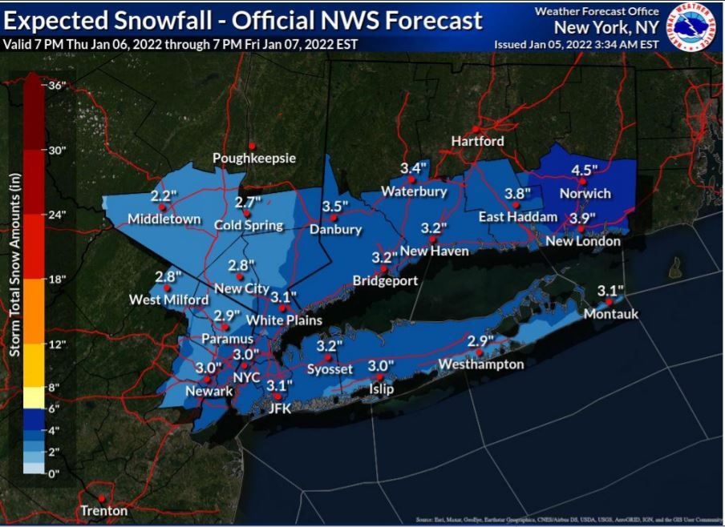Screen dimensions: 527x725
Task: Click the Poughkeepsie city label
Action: pos(253,159)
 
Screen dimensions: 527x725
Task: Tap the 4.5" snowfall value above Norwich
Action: pos(585,170)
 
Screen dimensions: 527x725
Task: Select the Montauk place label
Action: pos(611,314)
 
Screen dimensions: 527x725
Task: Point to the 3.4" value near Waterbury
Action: pos(414,168)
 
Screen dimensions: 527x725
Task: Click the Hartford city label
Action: pos(477,141)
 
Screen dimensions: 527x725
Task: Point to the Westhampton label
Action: pos(480,364)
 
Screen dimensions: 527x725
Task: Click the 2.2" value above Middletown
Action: pos(163,195)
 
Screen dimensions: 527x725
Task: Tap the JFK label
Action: pos(278,408)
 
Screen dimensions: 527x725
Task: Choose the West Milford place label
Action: pos(163,300)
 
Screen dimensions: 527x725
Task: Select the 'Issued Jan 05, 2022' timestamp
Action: pos(577,44)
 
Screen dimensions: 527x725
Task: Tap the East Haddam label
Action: pos(517,217)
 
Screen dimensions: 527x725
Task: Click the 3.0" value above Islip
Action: pos(381,365)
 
